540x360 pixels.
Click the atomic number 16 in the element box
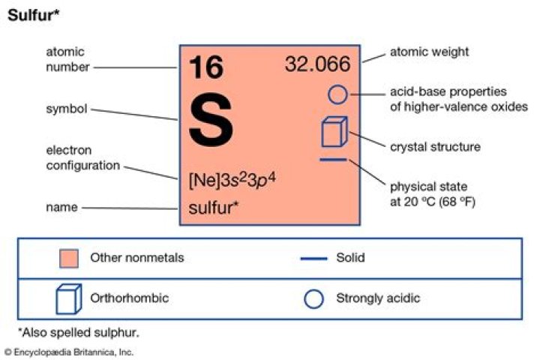click(x=206, y=67)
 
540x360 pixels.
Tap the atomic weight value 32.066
click(x=317, y=64)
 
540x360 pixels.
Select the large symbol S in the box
click(x=211, y=120)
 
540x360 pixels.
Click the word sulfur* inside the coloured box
click(x=214, y=208)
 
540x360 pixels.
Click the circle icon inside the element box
click(x=337, y=94)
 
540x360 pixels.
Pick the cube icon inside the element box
click(x=334, y=131)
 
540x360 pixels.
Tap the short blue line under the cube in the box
click(x=333, y=160)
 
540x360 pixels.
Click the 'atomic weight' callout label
click(x=429, y=52)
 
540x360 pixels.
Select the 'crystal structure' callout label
click(x=435, y=147)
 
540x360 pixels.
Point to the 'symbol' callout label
click(x=67, y=109)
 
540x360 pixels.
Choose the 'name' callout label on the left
click(x=62, y=207)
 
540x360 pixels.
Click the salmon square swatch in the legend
click(x=69, y=258)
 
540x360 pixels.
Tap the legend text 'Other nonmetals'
click(x=137, y=258)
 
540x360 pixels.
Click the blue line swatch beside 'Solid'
click(x=313, y=258)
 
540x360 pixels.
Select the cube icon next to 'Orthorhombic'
click(x=69, y=298)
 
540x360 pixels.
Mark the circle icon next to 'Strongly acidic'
click(x=313, y=298)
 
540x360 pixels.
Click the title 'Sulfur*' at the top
click(x=34, y=15)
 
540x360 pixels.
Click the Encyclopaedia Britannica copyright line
click(x=69, y=352)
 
